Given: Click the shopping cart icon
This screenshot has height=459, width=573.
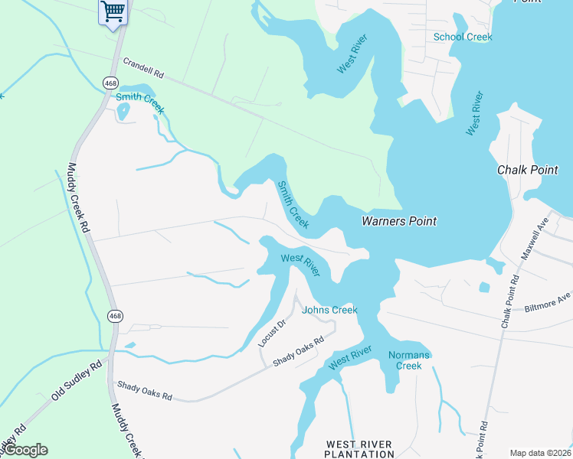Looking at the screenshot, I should [113, 12].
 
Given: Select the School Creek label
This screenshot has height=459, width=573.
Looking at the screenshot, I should [463, 37].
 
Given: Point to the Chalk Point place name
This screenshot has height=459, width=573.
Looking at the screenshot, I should [528, 170].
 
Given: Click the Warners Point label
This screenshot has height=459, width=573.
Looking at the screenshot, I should [398, 221].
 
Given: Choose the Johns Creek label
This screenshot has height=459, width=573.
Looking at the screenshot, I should [329, 310].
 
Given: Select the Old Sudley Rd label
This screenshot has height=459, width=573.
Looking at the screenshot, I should [77, 380].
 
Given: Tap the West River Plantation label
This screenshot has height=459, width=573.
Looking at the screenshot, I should [359, 449].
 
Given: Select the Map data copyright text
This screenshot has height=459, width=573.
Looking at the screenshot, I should [541, 453].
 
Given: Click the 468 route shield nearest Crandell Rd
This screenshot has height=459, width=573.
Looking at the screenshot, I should [110, 82].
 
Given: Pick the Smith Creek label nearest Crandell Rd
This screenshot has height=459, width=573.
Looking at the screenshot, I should [139, 103].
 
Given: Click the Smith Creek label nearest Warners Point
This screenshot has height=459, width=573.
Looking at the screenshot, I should [293, 204].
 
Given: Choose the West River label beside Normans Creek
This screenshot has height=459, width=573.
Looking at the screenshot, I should [351, 358].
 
